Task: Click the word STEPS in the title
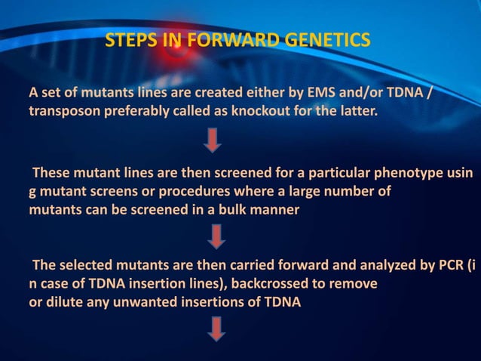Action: [130, 39]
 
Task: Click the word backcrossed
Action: [273, 285]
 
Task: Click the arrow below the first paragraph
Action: [213, 139]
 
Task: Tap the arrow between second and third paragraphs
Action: [216, 238]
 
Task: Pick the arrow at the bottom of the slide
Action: [216, 329]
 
